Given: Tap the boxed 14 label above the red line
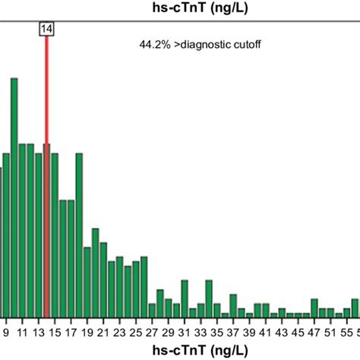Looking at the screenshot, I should [x=46, y=28].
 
